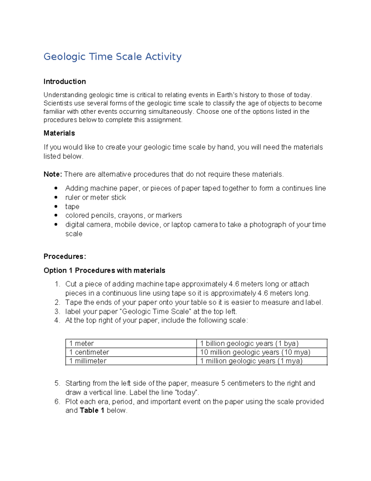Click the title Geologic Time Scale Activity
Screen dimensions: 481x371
[112, 57]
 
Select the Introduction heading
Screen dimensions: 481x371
[65, 81]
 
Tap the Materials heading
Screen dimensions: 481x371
[59, 133]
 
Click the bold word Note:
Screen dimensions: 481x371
[53, 174]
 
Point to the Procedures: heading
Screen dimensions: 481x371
[65, 256]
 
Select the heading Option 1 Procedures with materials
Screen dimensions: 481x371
[104, 270]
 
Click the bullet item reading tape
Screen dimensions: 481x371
[72, 207]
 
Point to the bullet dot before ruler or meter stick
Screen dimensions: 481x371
[56, 197]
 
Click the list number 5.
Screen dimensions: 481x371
[57, 383]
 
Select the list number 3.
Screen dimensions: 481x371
[57, 312]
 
